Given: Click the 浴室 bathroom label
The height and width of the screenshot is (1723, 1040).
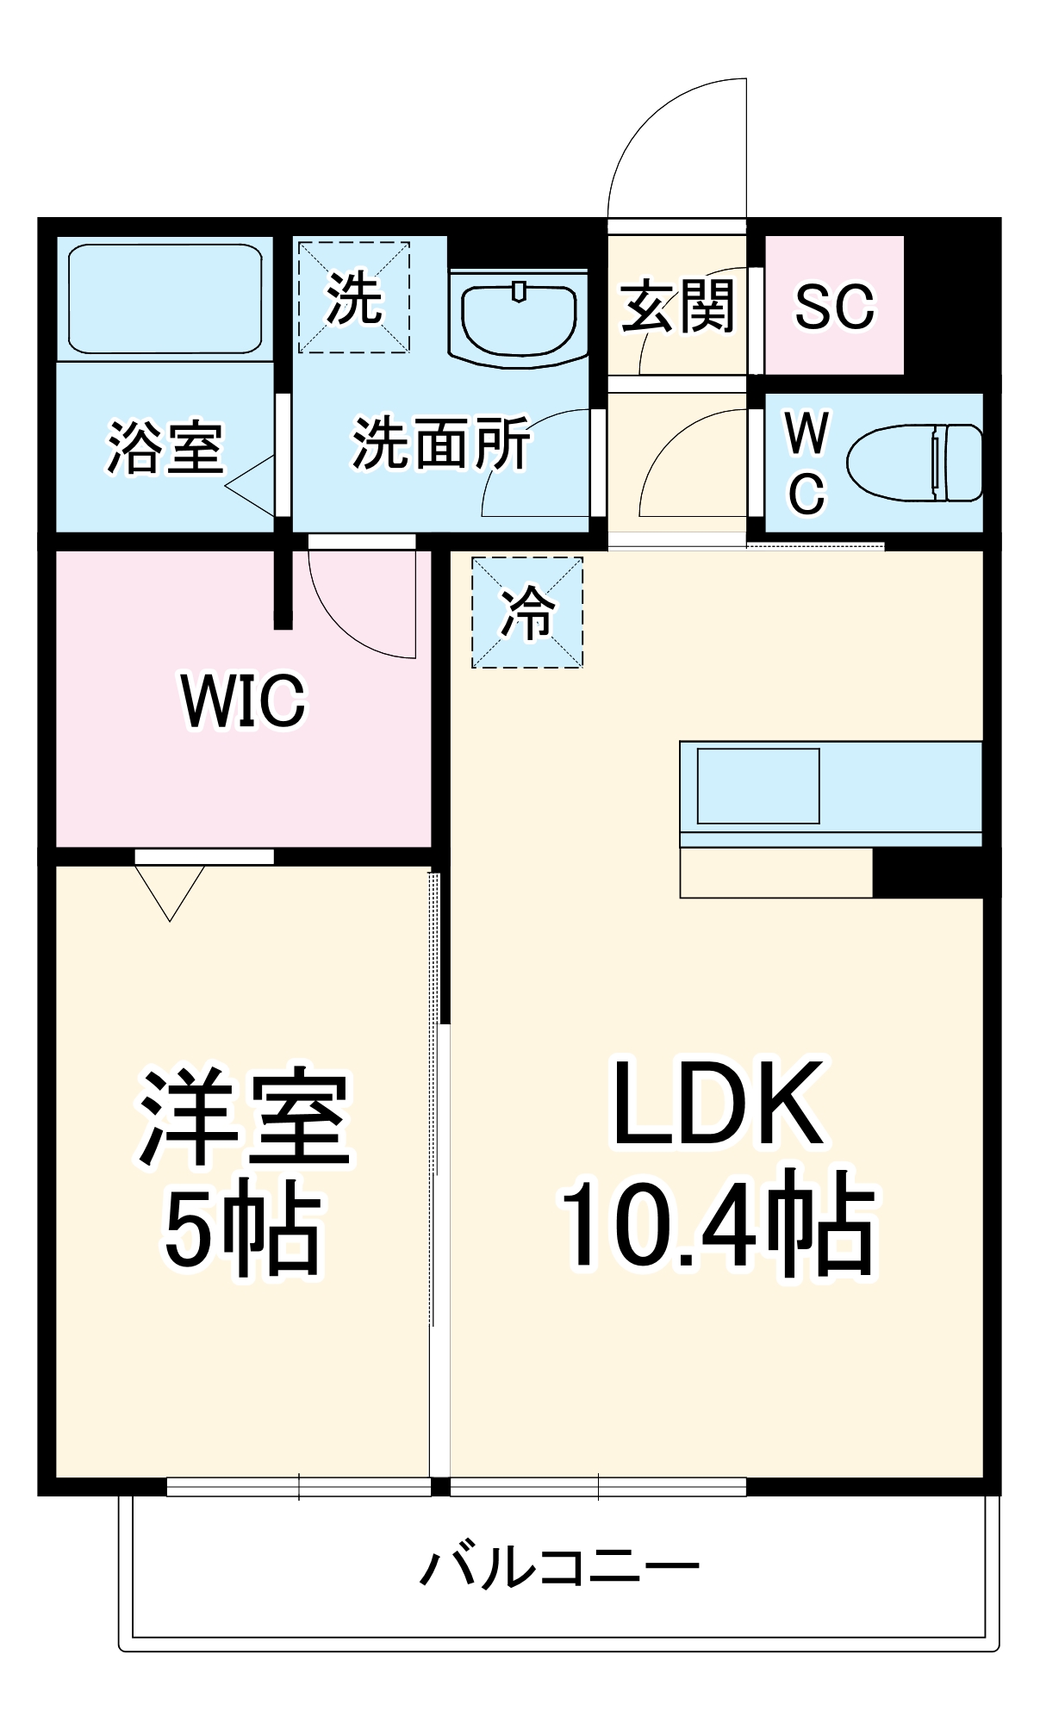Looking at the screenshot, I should click(x=165, y=447).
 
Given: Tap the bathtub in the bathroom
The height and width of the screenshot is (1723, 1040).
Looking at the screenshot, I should click(x=165, y=298).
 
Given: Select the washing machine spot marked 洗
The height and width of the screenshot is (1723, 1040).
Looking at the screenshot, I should click(x=353, y=297).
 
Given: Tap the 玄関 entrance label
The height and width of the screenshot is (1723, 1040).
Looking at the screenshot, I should click(x=677, y=306).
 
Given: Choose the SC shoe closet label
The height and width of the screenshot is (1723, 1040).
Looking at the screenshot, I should click(x=833, y=306).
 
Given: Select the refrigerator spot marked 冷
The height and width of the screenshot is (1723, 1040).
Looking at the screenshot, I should click(x=527, y=613).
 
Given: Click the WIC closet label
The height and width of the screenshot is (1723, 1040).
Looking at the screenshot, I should click(x=244, y=700).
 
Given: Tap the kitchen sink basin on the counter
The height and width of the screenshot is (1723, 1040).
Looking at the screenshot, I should click(x=758, y=786).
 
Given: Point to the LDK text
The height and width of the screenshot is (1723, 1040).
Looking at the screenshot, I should click(x=719, y=1104).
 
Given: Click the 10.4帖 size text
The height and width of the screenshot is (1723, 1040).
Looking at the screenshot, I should click(x=719, y=1223).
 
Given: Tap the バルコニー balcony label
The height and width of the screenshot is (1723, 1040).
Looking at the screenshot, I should click(x=559, y=1567).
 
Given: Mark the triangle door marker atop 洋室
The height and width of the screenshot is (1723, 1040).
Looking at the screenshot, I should click(x=170, y=891).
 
